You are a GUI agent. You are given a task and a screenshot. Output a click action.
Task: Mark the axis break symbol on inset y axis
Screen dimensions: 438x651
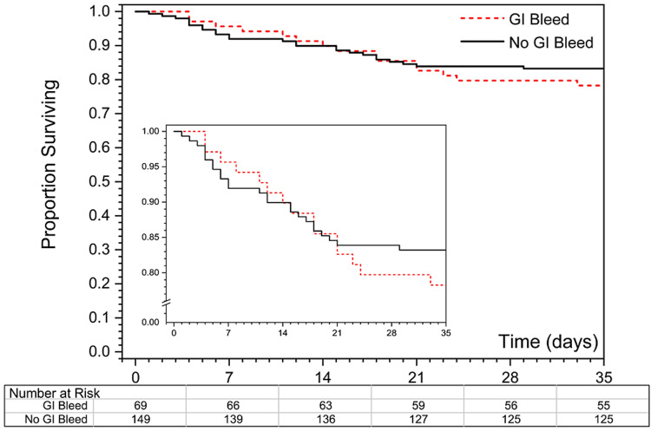tap(168, 302)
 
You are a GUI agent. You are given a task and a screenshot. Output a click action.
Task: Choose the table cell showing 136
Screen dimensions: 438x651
tap(324, 419)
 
